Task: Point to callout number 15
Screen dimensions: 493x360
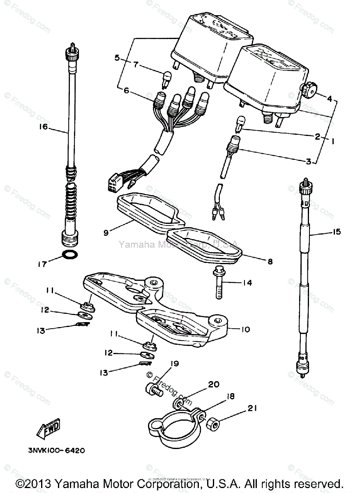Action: coord(336,232)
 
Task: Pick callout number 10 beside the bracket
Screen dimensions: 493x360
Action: coord(245,329)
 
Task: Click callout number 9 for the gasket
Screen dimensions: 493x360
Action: coord(106,233)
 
